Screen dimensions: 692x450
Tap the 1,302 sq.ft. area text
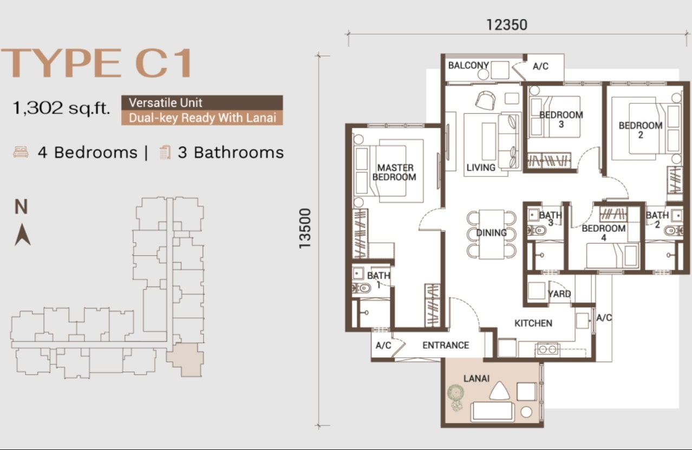61,108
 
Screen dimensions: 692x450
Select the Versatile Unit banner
202,102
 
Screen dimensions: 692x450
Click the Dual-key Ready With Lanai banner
202,118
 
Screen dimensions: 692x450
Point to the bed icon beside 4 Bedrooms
21,152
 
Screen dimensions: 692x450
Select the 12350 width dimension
507,25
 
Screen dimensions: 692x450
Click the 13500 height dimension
305,228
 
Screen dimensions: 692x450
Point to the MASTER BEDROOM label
395,172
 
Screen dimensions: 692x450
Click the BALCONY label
469,66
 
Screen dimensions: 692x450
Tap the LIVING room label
481,167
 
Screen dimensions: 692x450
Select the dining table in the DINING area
492,234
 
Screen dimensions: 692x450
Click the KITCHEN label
533,323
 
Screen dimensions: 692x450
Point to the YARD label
559,294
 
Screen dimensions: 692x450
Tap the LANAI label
476,379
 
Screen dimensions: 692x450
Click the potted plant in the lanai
456,397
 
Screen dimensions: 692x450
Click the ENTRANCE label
446,345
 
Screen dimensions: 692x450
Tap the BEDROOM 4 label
604,233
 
